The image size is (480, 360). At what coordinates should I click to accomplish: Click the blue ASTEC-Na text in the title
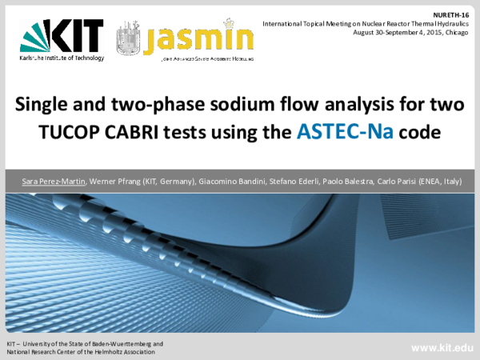(354, 130)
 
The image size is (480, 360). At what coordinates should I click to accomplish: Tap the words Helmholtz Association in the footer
(125, 350)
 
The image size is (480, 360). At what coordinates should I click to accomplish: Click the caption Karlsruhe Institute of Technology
(59, 58)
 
